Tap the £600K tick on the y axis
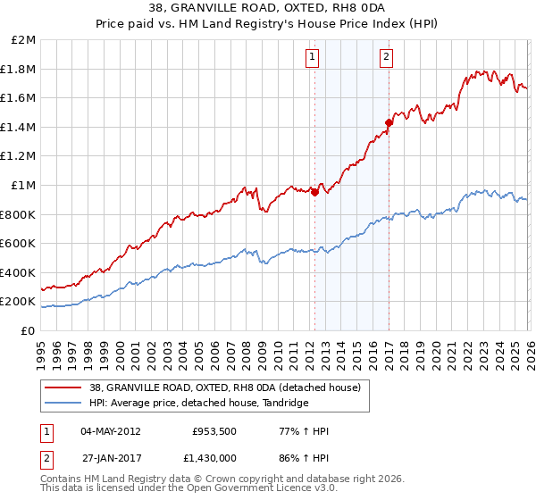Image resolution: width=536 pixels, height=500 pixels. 18,244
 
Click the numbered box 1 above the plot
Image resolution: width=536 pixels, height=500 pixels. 313,58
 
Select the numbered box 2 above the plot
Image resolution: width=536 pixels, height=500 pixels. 387,58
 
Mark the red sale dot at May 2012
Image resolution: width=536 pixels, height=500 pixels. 314,192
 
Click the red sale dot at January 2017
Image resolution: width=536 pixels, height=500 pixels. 389,122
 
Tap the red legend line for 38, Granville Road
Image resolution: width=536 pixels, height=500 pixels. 62,387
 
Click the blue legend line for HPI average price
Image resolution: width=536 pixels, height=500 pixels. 62,403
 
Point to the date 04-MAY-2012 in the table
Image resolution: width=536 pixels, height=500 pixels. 111,431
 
